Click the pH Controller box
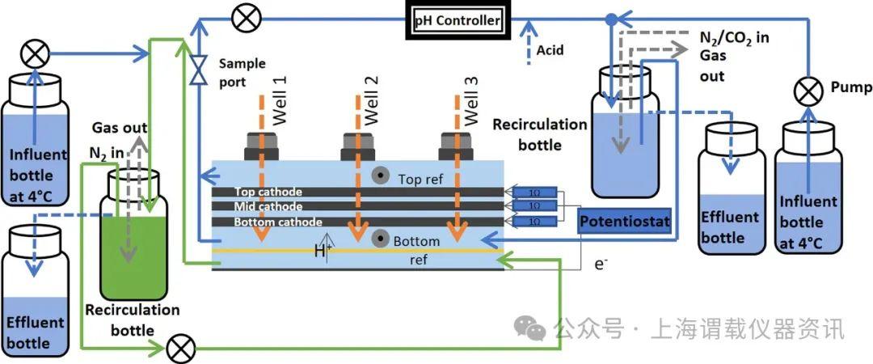tap(458, 20)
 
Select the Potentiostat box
tap(626, 221)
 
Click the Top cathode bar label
tap(268, 193)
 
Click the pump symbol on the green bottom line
tap(179, 350)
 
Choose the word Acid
tap(550, 50)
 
